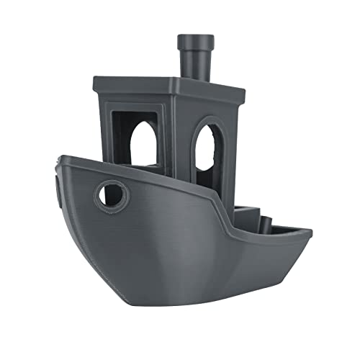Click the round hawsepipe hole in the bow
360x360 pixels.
point(111,193)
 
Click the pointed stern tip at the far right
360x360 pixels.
point(311,232)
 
